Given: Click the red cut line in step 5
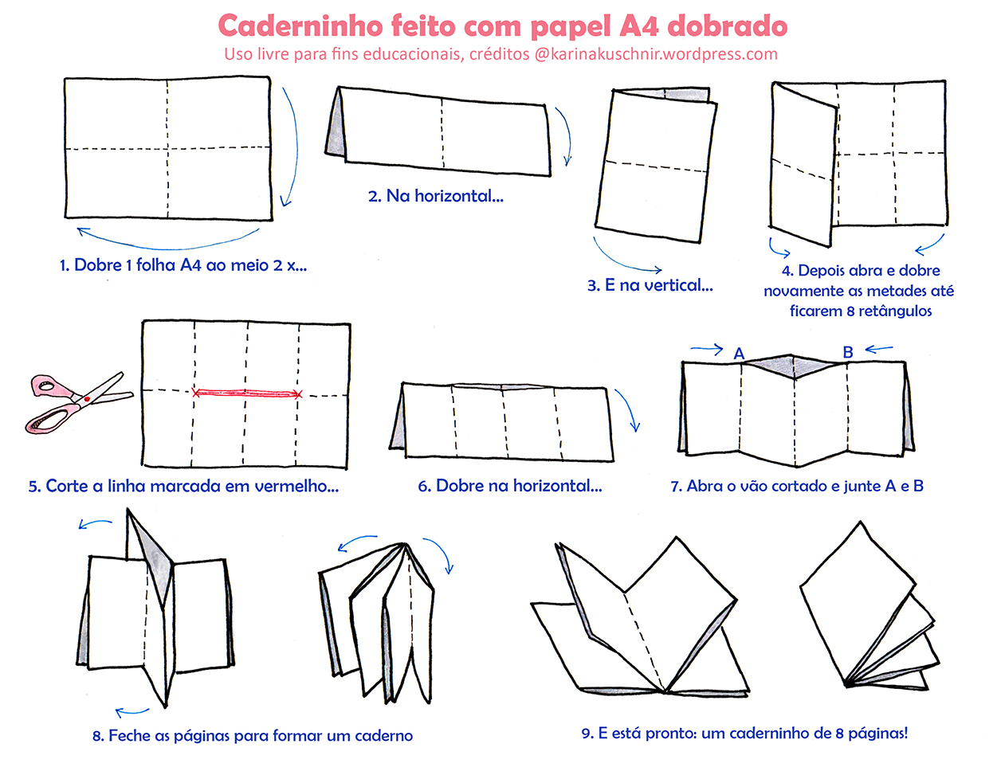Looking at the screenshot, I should click(247, 393).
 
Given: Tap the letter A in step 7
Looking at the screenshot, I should click(739, 353).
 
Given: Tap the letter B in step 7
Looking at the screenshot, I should click(848, 351).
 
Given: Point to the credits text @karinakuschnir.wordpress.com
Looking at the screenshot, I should click(655, 54).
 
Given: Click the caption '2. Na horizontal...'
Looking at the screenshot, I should click(435, 196).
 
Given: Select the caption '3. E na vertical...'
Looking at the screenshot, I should click(650, 285).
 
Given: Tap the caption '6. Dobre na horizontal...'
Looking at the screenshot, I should click(510, 486).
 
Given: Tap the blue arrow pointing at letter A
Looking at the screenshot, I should click(707, 348).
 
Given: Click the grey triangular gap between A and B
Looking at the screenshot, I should click(793, 366).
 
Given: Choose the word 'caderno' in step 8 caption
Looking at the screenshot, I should click(383, 736).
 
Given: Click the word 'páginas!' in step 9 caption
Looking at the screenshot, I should click(877, 733).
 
